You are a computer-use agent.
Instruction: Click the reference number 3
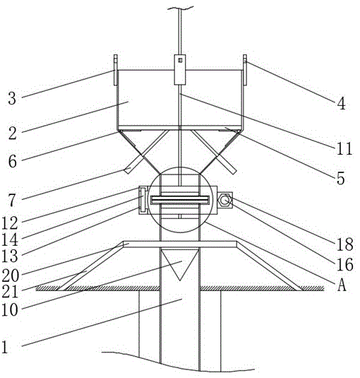click(x=12, y=98)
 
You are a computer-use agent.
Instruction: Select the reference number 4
click(x=341, y=104)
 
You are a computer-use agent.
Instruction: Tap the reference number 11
click(x=344, y=148)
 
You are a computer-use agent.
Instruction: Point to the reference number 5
click(x=340, y=179)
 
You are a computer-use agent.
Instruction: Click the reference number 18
click(x=345, y=244)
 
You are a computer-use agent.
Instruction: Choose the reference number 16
click(x=345, y=264)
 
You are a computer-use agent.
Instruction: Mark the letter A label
click(x=342, y=285)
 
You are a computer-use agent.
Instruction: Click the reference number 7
click(x=12, y=201)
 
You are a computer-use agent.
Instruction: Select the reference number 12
click(x=10, y=223)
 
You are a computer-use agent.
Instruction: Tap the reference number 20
click(x=11, y=276)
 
